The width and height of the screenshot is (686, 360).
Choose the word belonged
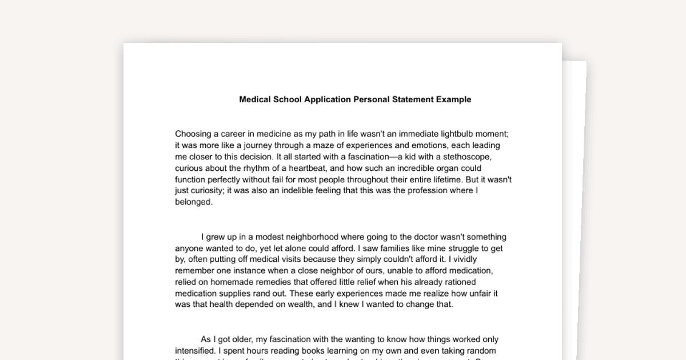194,202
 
